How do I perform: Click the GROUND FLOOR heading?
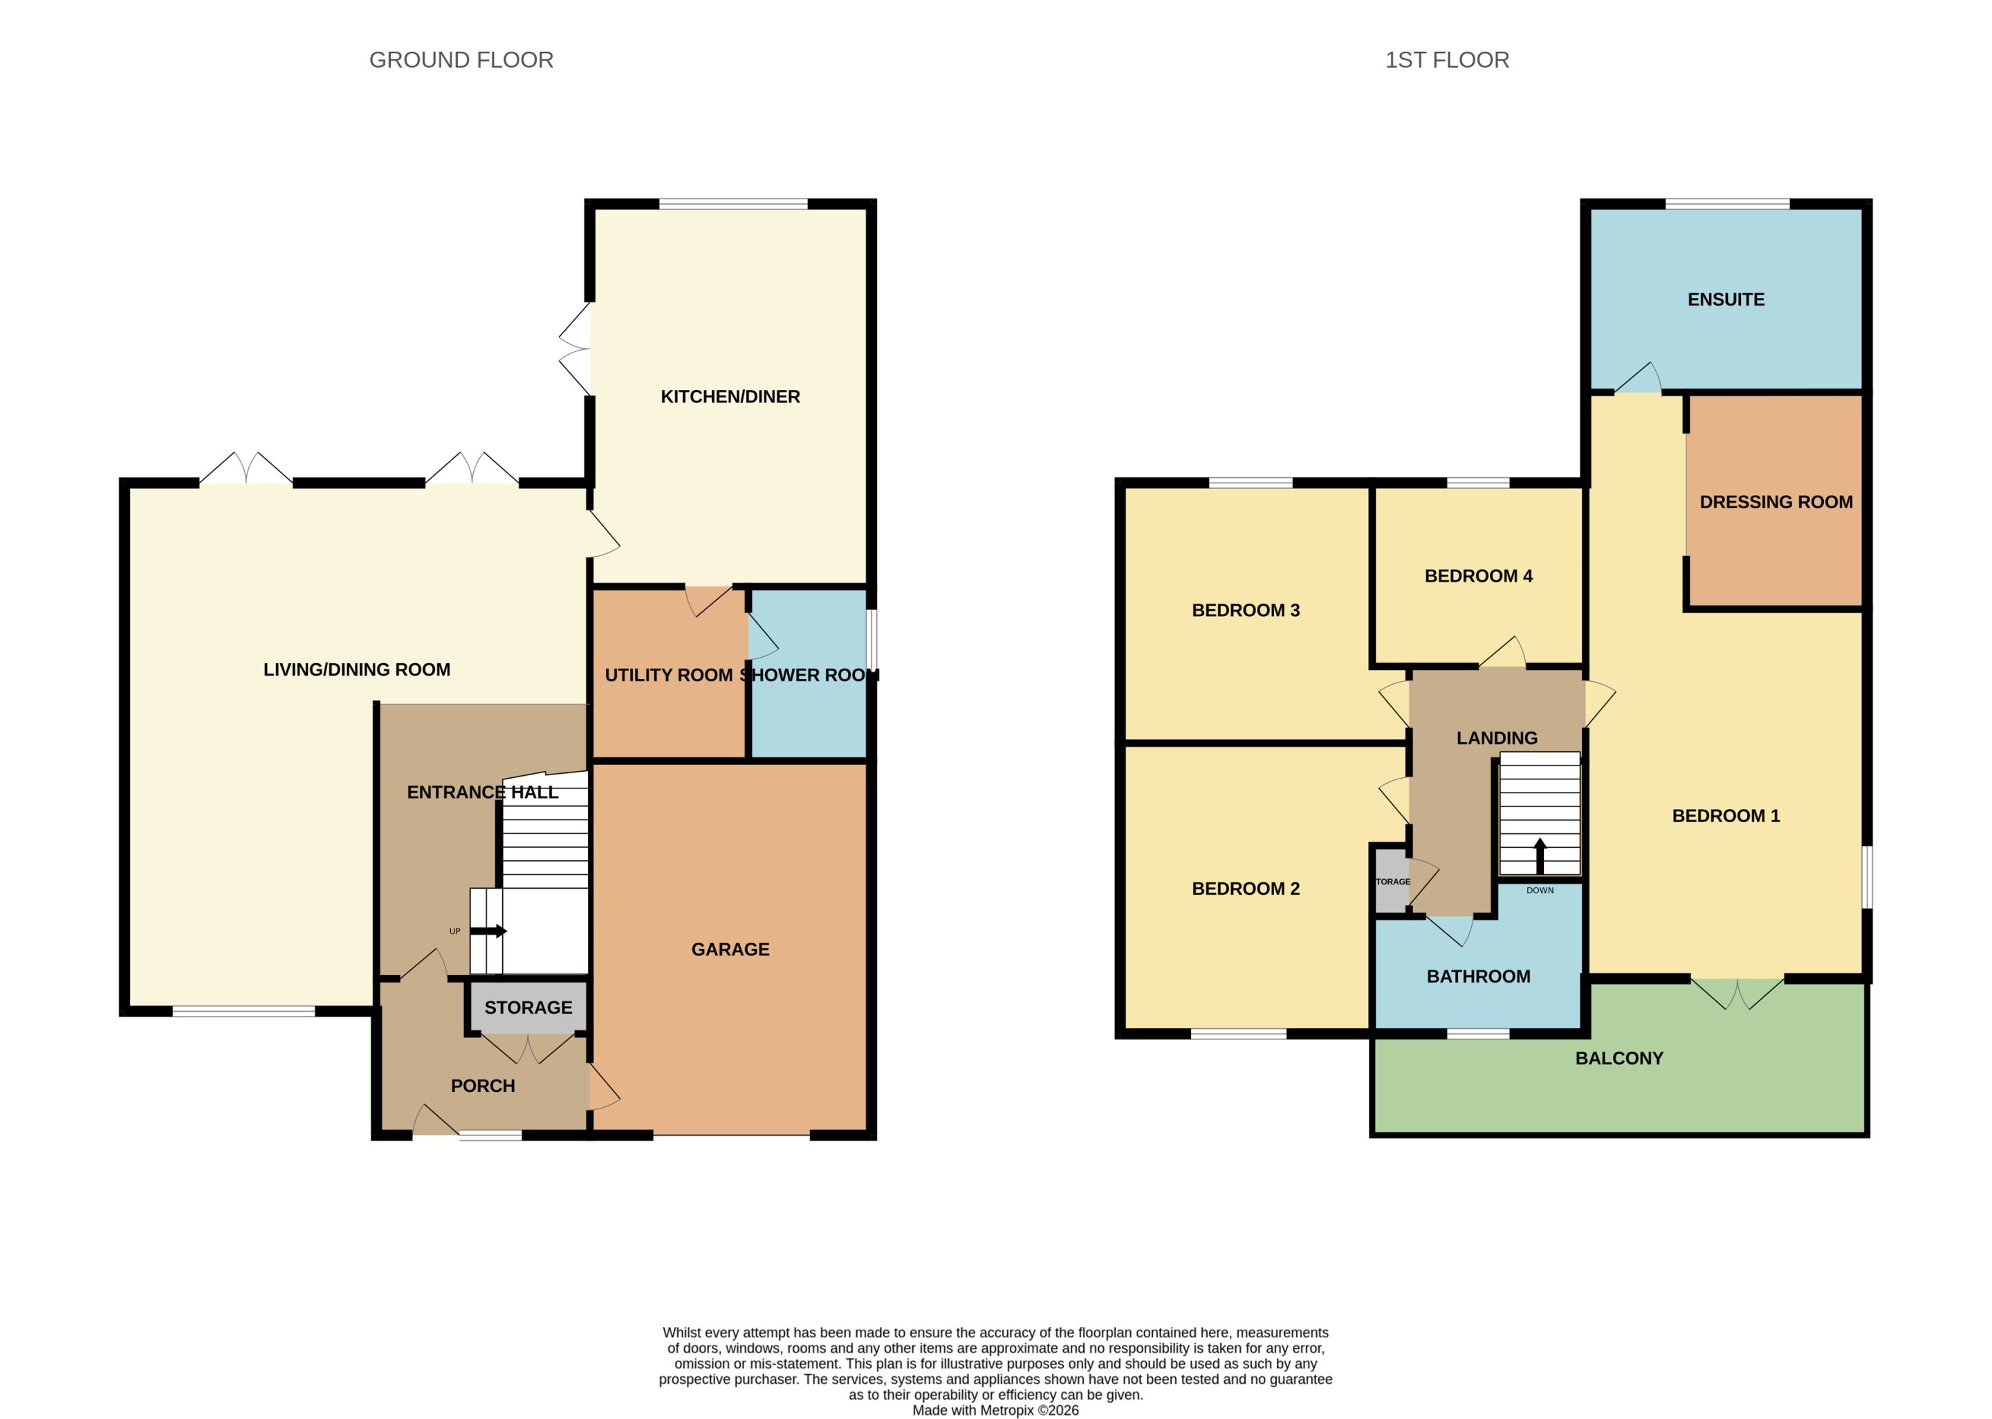click(461, 59)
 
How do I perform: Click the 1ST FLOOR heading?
click(1447, 59)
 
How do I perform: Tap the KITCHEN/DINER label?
click(730, 397)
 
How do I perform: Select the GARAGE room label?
click(730, 949)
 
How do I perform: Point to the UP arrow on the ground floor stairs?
click(488, 931)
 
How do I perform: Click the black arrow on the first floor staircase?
click(1540, 856)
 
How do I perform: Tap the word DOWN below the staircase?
click(1540, 891)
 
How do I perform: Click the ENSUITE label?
click(1726, 299)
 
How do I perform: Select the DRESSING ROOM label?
click(1776, 503)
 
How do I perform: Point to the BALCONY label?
click(1619, 1058)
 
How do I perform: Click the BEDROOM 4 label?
click(1478, 576)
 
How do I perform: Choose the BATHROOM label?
click(1478, 976)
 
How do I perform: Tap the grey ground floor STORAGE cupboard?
click(528, 1007)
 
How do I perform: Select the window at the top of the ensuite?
click(1726, 205)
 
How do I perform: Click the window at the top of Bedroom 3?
click(1251, 482)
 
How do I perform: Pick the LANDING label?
click(1497, 739)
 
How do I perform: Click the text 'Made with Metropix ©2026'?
click(995, 1409)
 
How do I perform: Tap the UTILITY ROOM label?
click(668, 676)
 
